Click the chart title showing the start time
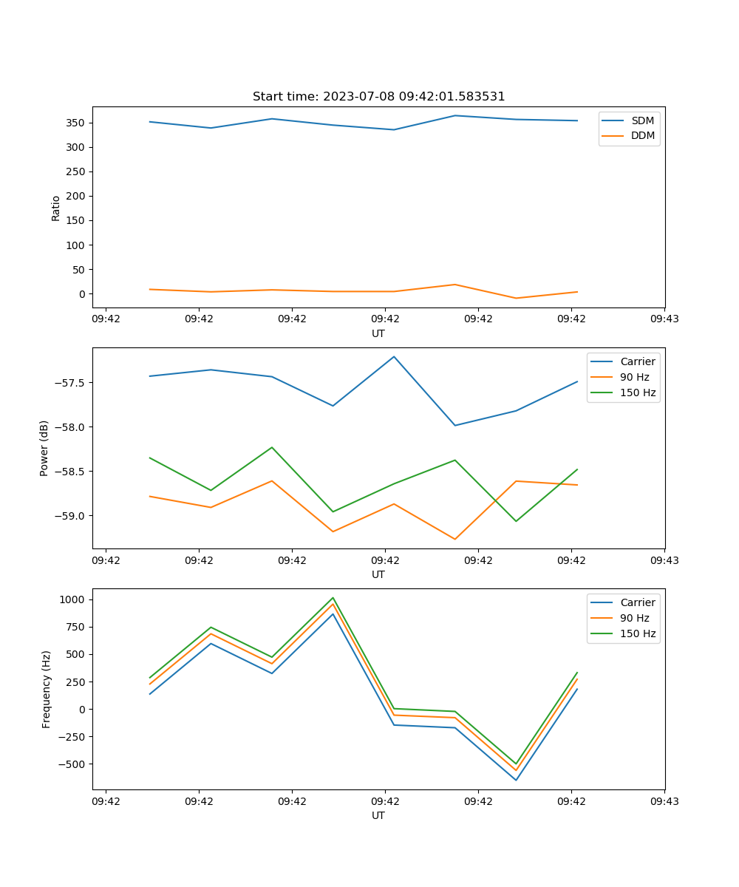378,97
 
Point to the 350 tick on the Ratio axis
78,123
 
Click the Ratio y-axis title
56,208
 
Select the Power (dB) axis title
44,448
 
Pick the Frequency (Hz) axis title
46,689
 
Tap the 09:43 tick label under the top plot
664,319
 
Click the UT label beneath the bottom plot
378,815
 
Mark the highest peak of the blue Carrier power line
394,356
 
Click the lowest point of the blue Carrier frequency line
516,780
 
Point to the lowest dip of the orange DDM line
516,298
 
